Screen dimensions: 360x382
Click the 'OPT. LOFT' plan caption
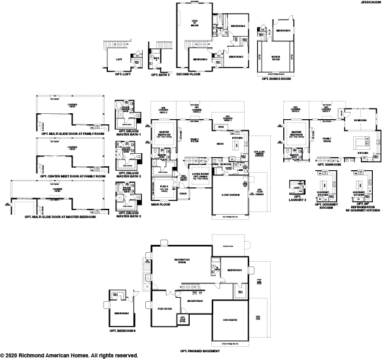118,75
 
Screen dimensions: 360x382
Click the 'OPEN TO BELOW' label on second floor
194,22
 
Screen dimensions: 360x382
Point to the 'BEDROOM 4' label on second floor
200,58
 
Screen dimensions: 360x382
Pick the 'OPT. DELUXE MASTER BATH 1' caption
130,133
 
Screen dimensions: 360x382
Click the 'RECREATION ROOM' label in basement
182,261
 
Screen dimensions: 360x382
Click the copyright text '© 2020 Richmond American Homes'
69,355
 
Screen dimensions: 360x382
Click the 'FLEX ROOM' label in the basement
164,308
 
